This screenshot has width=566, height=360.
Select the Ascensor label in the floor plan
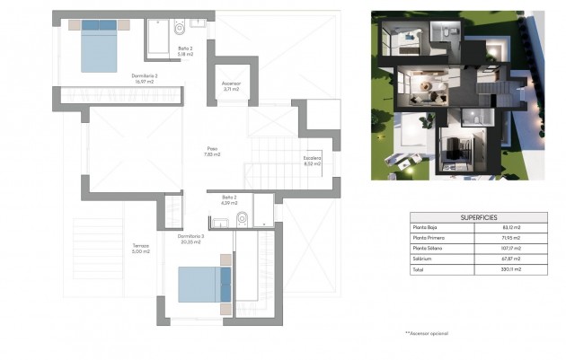(x=231, y=86)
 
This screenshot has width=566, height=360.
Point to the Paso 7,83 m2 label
(x=213, y=152)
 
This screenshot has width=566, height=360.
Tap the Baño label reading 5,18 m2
(x=186, y=52)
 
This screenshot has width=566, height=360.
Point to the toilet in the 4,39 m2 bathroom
(x=243, y=217)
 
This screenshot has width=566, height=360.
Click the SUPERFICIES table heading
(x=478, y=218)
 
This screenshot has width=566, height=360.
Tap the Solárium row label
(x=422, y=259)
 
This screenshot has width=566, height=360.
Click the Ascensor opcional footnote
(x=429, y=334)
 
